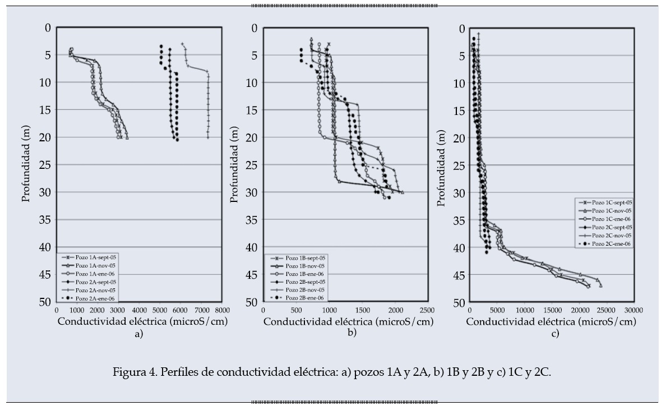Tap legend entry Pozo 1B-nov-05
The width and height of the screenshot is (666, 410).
(x=304, y=265)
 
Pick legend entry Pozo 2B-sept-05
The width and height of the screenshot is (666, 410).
(x=304, y=282)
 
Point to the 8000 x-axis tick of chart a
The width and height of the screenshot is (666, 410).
(x=221, y=310)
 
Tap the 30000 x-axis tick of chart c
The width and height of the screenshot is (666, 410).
(x=633, y=310)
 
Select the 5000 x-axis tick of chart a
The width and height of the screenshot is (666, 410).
(x=160, y=310)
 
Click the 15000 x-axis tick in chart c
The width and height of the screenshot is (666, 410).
(x=552, y=310)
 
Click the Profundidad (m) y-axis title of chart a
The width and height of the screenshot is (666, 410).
(x=26, y=164)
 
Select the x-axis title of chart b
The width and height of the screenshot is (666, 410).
(x=349, y=322)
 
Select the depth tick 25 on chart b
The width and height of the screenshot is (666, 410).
(x=252, y=165)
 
